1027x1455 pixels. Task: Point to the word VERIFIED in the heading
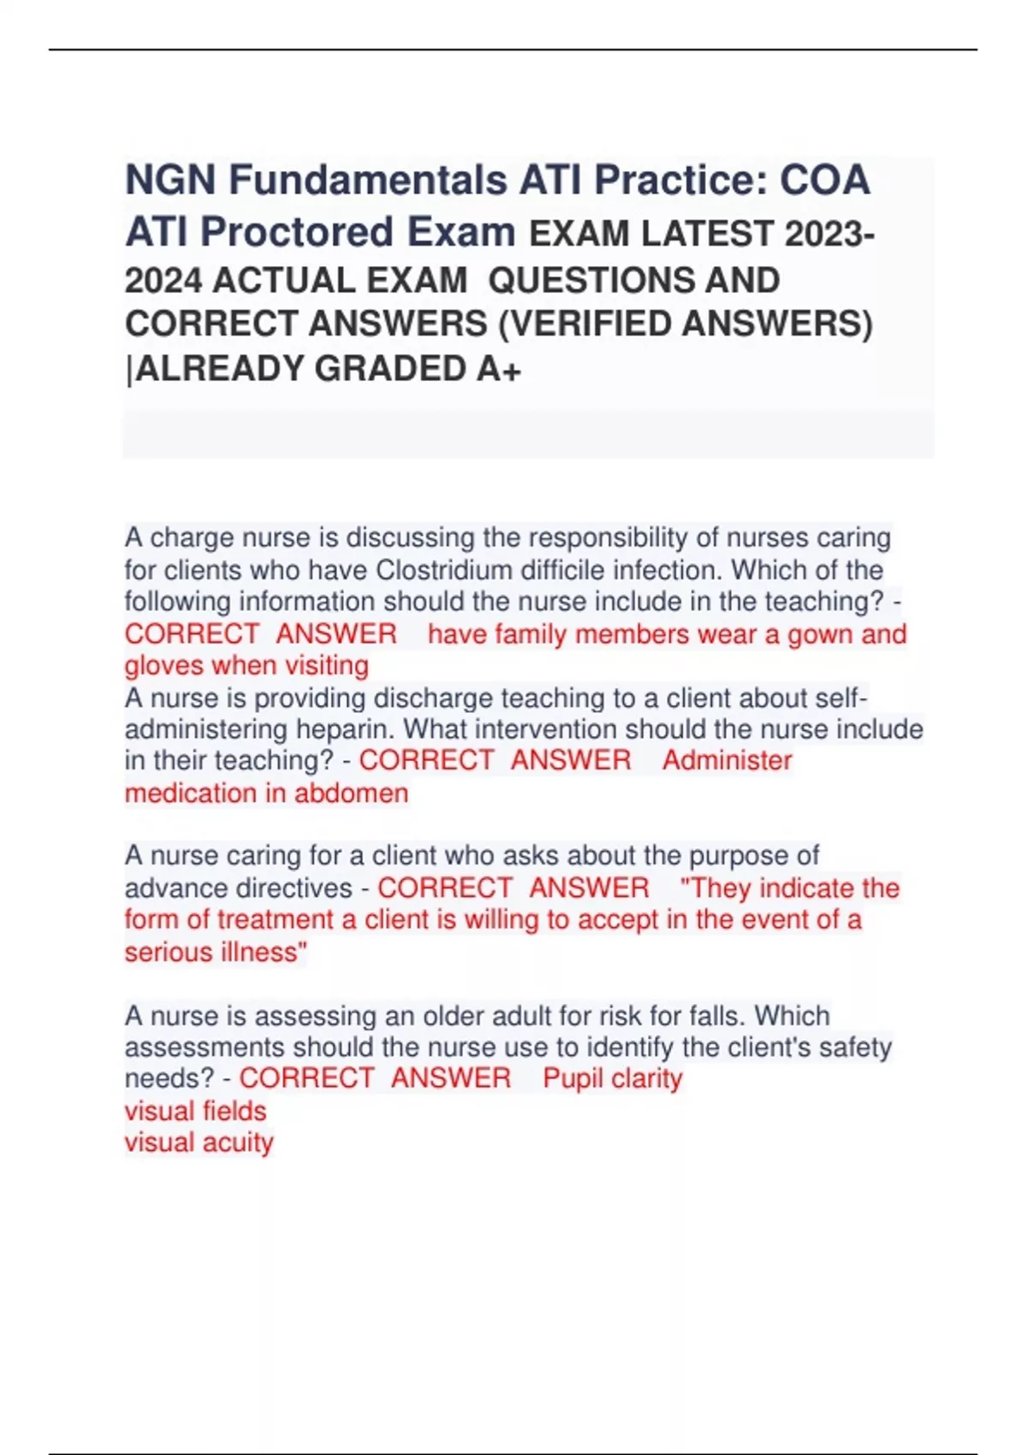pos(591,324)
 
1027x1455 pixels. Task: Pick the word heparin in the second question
pos(345,729)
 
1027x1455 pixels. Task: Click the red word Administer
pos(727,760)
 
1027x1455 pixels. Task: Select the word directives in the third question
pos(294,888)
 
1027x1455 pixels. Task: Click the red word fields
pos(232,1111)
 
